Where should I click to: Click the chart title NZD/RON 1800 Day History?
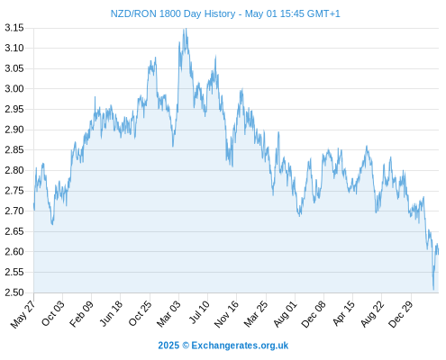point(173,13)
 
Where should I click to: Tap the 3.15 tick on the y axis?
point(14,28)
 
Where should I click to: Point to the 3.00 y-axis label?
point(14,89)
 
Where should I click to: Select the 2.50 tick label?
point(14,292)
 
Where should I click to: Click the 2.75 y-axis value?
point(14,191)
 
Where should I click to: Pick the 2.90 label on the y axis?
point(14,130)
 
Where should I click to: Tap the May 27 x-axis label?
point(23,314)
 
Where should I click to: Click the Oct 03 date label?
point(53,313)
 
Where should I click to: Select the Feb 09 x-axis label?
point(81,314)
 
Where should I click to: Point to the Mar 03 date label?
point(168,313)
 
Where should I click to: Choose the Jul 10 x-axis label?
point(199,312)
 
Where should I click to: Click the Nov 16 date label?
point(226,314)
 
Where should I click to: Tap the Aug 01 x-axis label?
point(286,314)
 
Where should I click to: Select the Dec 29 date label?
point(401,314)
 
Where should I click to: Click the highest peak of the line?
point(186,29)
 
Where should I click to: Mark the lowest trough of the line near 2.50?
point(433,290)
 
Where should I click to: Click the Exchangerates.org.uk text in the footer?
point(240,346)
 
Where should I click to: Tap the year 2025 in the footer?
point(168,346)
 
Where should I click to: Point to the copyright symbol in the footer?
point(186,346)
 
